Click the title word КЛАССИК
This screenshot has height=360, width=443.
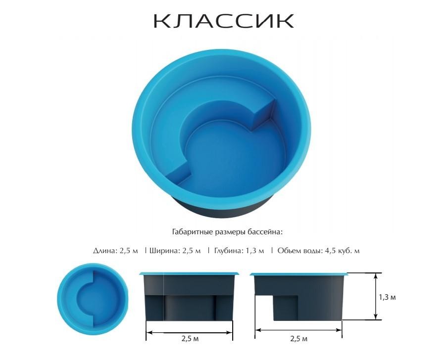[x=223, y=21]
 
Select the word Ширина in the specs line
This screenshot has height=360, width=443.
[x=164, y=251]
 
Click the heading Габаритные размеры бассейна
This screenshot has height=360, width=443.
[x=227, y=231]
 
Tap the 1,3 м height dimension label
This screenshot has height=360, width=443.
[x=387, y=297]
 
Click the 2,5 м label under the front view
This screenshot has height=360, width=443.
[x=190, y=340]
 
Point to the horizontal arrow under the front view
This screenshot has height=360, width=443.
[x=190, y=331]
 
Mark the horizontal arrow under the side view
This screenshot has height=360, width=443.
[x=298, y=329]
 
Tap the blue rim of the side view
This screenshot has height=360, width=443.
[x=299, y=273]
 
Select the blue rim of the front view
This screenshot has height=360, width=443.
[x=190, y=273]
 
